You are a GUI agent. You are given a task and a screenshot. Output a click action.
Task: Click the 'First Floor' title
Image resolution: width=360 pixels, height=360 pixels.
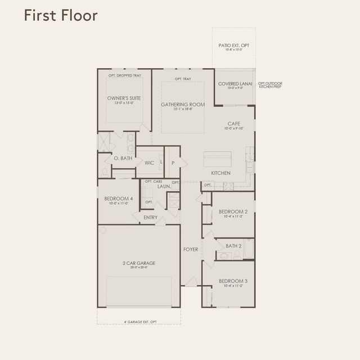click(x=60, y=15)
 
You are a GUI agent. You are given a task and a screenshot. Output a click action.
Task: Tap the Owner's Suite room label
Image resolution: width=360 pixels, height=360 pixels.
click(x=124, y=98)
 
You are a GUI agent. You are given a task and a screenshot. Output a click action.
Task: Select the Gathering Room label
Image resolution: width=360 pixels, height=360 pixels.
click(x=183, y=105)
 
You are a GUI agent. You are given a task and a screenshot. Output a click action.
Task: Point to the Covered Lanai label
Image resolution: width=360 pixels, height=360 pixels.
click(x=233, y=84)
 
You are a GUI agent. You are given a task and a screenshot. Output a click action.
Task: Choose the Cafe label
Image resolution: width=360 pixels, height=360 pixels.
click(x=234, y=124)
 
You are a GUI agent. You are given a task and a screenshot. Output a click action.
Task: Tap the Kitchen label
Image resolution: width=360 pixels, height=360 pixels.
click(x=220, y=173)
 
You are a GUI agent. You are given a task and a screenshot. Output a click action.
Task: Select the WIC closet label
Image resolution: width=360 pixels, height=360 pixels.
click(x=149, y=163)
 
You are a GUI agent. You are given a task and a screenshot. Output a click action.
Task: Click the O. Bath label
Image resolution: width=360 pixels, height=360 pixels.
click(x=123, y=159)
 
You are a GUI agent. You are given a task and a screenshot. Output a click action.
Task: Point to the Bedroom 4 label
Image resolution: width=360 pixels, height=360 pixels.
click(x=118, y=199)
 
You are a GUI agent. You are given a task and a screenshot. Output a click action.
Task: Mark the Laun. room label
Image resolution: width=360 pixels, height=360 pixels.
click(x=164, y=186)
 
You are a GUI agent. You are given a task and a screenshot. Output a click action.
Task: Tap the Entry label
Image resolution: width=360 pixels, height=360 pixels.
click(x=150, y=218)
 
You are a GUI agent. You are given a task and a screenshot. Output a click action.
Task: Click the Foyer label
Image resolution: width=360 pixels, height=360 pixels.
click(x=191, y=249)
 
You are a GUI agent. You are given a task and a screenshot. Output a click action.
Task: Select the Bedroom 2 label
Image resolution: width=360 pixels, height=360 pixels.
click(x=233, y=211)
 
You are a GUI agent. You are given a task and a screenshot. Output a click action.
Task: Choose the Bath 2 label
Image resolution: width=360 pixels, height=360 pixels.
click(x=233, y=246)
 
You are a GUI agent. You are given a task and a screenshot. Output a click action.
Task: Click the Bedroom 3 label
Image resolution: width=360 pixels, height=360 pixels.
click(x=233, y=281)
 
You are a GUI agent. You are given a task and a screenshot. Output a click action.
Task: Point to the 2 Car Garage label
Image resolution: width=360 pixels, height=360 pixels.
click(x=138, y=263)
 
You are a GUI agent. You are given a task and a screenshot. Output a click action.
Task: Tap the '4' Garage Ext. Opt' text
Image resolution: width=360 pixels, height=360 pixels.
click(x=140, y=322)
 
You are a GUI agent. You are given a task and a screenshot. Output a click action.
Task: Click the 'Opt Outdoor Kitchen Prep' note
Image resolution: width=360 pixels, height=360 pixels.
click(x=270, y=85)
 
